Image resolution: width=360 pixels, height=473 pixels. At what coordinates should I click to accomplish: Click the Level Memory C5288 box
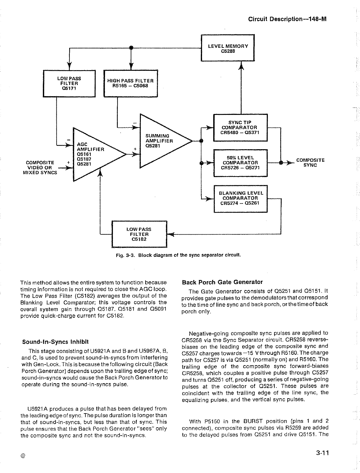click(227, 48)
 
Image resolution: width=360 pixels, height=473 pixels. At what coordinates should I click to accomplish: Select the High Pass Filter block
click(131, 83)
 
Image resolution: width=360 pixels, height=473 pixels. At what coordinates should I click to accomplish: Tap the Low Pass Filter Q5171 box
click(69, 83)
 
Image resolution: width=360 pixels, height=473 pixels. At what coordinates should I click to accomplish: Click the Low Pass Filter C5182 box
click(139, 234)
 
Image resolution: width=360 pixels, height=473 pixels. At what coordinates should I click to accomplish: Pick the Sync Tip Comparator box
click(240, 127)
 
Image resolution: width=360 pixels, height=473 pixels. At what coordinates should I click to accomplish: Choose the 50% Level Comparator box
click(240, 163)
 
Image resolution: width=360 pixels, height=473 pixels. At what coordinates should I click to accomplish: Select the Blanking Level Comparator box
click(240, 198)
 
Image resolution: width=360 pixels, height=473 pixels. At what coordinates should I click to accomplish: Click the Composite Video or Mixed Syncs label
click(40, 168)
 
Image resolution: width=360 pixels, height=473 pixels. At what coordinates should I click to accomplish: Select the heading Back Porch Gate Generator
click(222, 282)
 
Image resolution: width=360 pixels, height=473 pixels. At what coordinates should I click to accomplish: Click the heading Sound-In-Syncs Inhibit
click(55, 342)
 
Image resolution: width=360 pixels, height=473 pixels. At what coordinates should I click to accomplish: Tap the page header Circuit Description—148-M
click(287, 19)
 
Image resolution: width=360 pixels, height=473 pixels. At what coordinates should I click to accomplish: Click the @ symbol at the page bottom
click(23, 455)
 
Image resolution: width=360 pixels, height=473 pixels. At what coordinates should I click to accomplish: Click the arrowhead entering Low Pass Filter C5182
click(171, 234)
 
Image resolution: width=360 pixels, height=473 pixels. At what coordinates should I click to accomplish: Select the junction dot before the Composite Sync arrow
click(281, 163)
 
